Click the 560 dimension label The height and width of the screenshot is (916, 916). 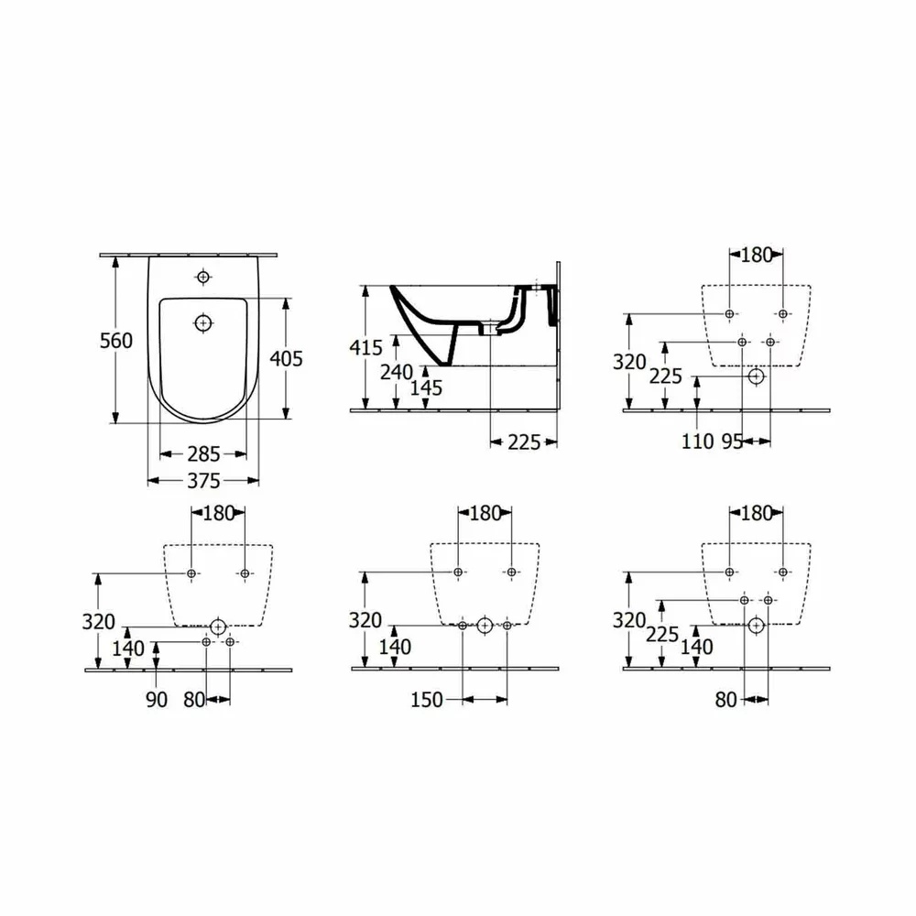click(x=116, y=341)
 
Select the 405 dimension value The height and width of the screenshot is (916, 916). click(x=286, y=358)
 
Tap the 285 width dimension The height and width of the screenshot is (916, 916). click(x=203, y=454)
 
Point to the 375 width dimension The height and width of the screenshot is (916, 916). click(x=203, y=481)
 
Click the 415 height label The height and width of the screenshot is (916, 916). click(x=365, y=347)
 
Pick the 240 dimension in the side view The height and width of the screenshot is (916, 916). click(x=397, y=372)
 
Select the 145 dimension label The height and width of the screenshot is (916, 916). click(x=427, y=387)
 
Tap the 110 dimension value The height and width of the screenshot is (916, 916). click(x=698, y=442)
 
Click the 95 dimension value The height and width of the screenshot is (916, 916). click(x=732, y=442)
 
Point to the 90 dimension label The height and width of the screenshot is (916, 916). click(x=157, y=699)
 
